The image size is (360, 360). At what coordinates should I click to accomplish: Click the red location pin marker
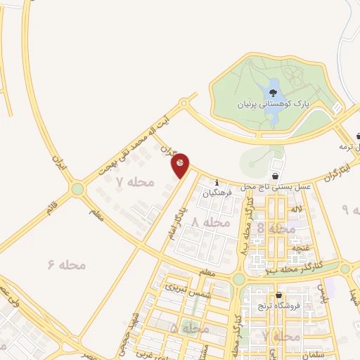[x=181, y=164]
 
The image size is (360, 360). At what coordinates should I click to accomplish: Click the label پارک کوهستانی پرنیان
[x=271, y=105]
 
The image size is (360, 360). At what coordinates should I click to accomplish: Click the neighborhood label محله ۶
[x=67, y=264]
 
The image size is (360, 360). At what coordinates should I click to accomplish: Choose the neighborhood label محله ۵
[x=190, y=328]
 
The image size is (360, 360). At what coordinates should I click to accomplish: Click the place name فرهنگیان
[x=218, y=193]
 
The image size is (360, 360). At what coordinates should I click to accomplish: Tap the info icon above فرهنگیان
[x=217, y=184]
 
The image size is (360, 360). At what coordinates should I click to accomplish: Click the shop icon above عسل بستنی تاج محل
[x=275, y=176]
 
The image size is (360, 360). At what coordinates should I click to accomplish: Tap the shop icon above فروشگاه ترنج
[x=279, y=295]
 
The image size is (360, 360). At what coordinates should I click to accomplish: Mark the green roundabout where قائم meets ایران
[x=77, y=188]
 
